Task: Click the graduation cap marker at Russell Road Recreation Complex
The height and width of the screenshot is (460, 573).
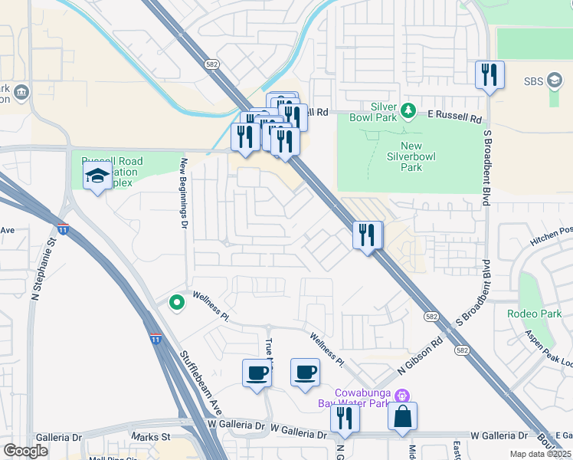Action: (97, 176)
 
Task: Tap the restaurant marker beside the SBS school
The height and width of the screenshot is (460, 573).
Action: (490, 75)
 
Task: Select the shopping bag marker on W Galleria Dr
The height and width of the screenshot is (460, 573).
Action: (402, 418)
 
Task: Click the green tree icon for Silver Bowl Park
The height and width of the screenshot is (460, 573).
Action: (408, 112)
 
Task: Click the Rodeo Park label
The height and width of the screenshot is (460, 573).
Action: (534, 314)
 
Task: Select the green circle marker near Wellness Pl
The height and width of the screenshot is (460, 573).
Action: (177, 304)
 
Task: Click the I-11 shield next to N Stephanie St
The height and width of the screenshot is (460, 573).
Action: (64, 228)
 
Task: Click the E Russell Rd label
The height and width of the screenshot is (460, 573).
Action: (454, 117)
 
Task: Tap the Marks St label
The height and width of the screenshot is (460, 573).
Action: (149, 437)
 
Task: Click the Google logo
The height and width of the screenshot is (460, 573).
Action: (26, 451)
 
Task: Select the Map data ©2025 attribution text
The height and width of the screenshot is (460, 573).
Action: (539, 454)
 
